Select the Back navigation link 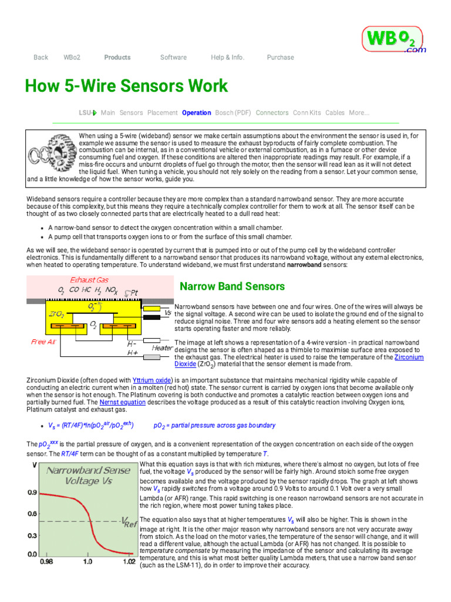click(41, 58)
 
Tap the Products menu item click(117, 58)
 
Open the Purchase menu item click(280, 58)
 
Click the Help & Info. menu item click(227, 58)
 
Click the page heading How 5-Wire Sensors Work click(126, 86)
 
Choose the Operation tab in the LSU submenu click(196, 113)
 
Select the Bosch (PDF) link click(233, 113)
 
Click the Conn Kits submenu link click(307, 113)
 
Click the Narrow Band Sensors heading click(224, 286)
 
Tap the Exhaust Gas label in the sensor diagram click(89, 280)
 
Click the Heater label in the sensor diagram click(162, 347)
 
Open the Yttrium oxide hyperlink click(152, 380)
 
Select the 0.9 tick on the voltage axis click(33, 492)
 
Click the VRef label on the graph click(129, 522)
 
